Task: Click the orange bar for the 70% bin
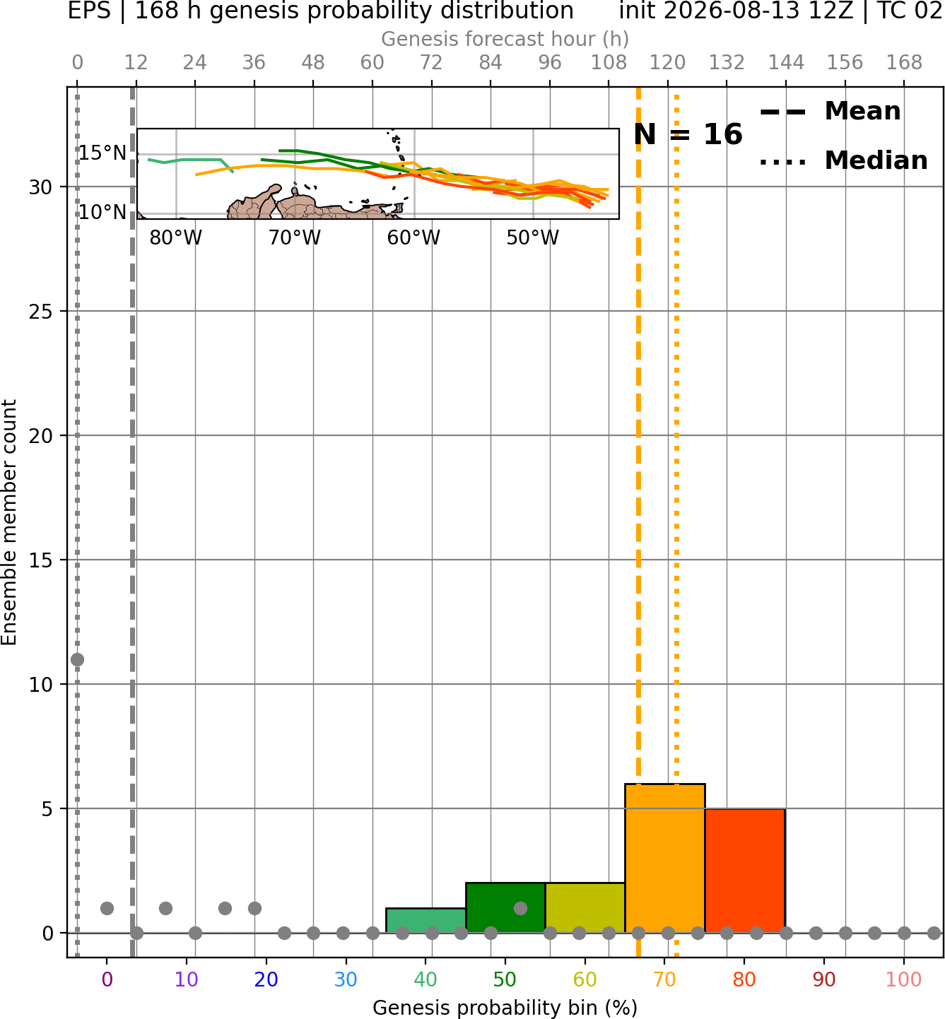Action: coord(664,858)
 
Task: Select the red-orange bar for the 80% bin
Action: coord(745,871)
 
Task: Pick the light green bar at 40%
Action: coord(425,921)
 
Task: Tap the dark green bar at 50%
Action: coord(505,907)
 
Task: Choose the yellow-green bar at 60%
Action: coord(585,907)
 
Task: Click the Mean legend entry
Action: coord(830,112)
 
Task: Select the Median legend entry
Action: coord(843,160)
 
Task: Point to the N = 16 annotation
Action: coord(688,134)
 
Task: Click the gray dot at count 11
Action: coord(78,659)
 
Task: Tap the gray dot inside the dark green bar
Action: coord(520,908)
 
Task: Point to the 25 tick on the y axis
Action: coord(41,312)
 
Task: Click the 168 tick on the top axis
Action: coord(905,63)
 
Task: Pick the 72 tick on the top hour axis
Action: coord(431,63)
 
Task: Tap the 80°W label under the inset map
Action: coord(176,238)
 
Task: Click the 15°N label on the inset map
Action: coord(102,153)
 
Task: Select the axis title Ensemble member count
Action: coord(8,522)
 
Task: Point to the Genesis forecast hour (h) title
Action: coord(505,39)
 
